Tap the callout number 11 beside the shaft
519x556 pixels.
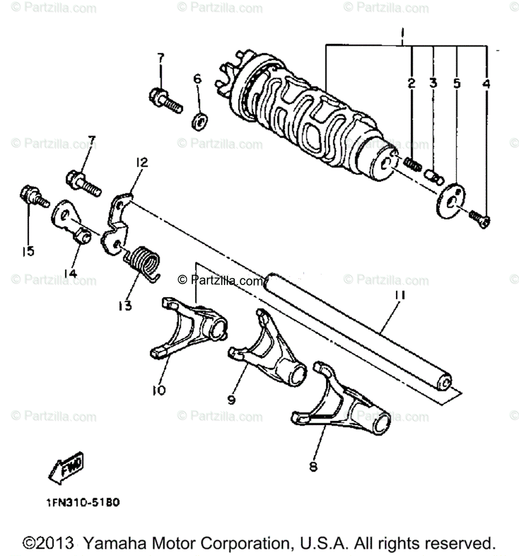[400, 295]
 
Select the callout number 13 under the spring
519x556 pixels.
[125, 306]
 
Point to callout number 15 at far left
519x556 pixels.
[28, 252]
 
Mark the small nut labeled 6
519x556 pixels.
[199, 122]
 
